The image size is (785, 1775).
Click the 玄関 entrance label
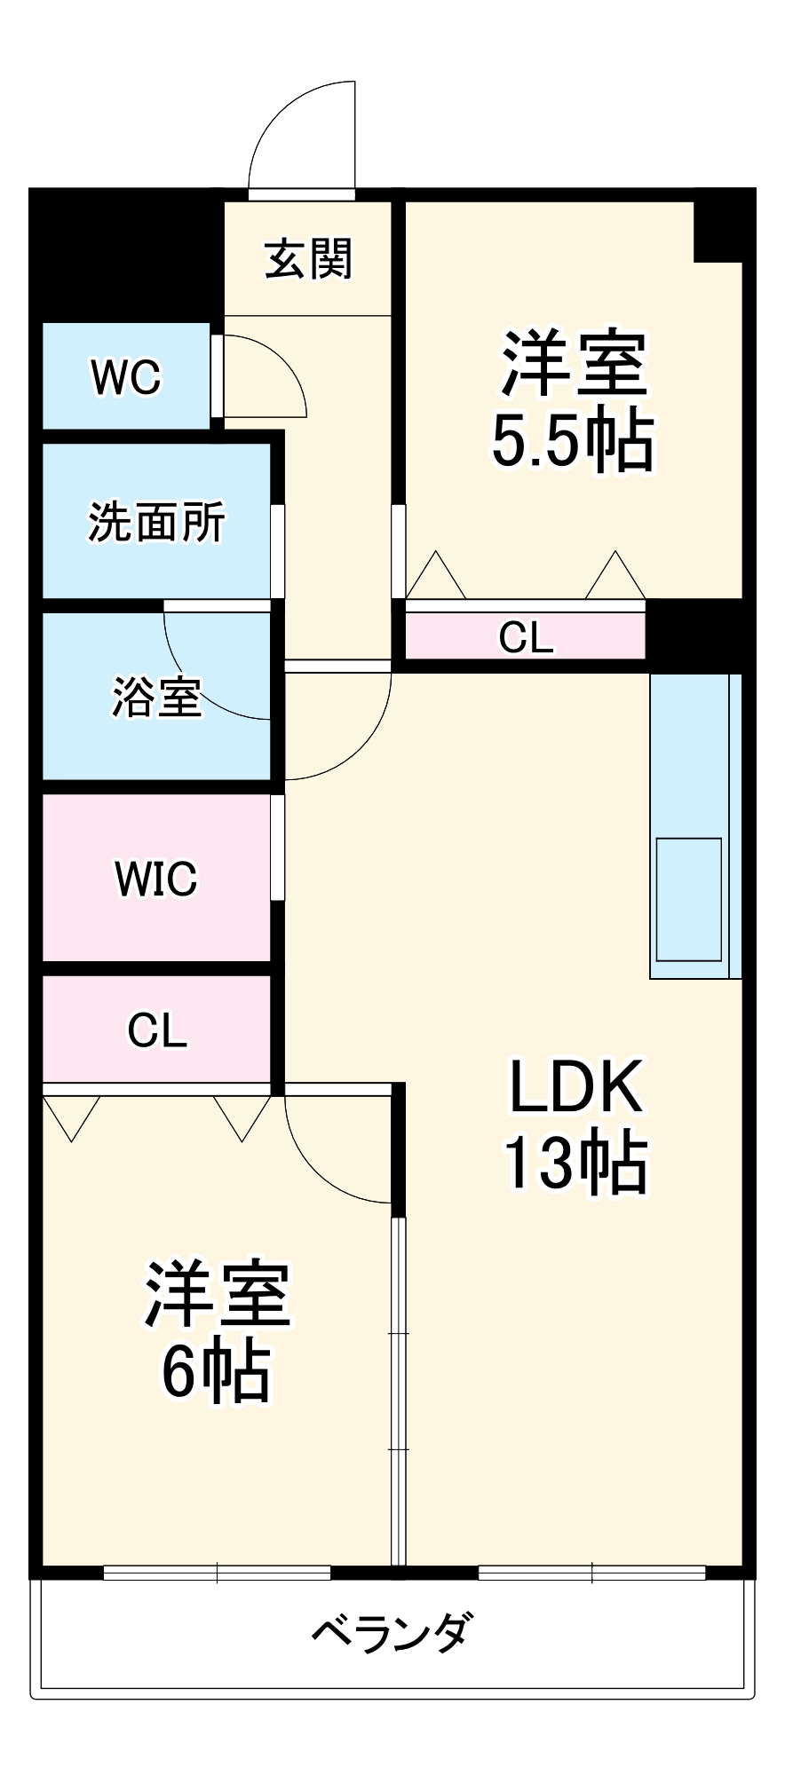[x=308, y=259]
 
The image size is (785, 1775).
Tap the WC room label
[x=126, y=377]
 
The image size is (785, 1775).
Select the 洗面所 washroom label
[x=156, y=522]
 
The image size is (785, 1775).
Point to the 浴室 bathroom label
[x=156, y=697]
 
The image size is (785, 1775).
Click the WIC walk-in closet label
[x=156, y=879]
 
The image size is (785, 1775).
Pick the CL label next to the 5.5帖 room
[x=526, y=637]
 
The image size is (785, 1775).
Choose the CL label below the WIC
[x=156, y=1030]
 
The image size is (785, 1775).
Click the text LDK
[x=575, y=1086]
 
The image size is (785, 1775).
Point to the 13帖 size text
[x=575, y=1163]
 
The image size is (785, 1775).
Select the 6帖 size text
[x=216, y=1371]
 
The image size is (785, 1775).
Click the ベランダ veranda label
[x=392, y=1631]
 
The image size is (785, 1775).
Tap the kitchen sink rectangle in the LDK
[x=688, y=899]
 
